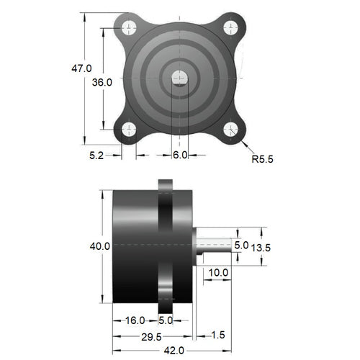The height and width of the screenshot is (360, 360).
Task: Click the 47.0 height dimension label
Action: pos(81,68)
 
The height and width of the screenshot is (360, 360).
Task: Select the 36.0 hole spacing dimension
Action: pos(102,82)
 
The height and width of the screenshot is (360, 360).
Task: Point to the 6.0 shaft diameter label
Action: pos(180,155)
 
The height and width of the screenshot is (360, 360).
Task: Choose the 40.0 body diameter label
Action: pos(99,246)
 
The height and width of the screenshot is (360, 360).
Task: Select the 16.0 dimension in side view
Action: pos(135,320)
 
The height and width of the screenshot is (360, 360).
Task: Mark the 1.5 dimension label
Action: pos(219,336)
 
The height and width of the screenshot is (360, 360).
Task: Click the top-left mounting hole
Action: pos(130,28)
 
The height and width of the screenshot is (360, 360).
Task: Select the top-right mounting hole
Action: pos(230,28)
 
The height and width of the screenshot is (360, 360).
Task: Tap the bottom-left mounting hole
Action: pos(130,130)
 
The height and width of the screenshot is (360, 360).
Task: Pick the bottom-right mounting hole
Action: pos(230,130)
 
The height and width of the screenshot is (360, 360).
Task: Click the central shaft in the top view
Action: pos(180,78)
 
